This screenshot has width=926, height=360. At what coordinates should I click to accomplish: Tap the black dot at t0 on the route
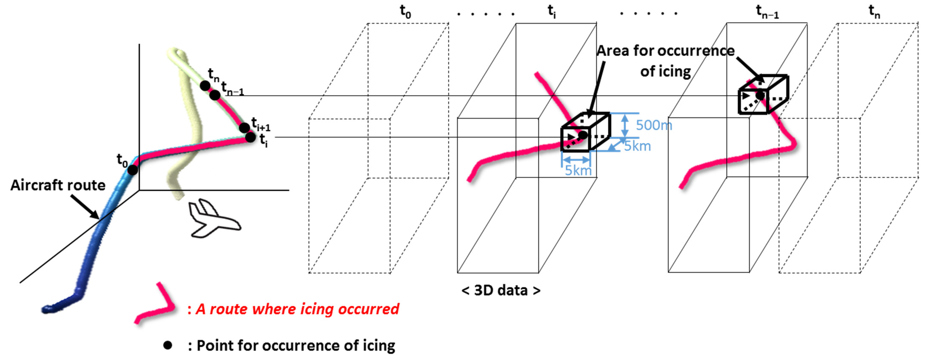(x=133, y=170)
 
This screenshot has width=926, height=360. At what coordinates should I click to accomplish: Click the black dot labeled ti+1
(x=244, y=127)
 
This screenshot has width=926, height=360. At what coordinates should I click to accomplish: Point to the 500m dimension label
(x=653, y=125)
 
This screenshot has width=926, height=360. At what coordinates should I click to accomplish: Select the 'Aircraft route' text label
(x=58, y=185)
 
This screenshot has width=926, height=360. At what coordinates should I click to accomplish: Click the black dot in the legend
(x=167, y=345)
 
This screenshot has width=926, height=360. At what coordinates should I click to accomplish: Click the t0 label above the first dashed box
(x=405, y=12)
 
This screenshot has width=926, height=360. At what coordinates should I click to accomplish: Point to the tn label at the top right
(x=874, y=12)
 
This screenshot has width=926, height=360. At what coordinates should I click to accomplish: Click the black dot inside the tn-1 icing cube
(x=760, y=95)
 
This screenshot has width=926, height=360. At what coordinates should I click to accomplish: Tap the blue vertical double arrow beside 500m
(x=625, y=125)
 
